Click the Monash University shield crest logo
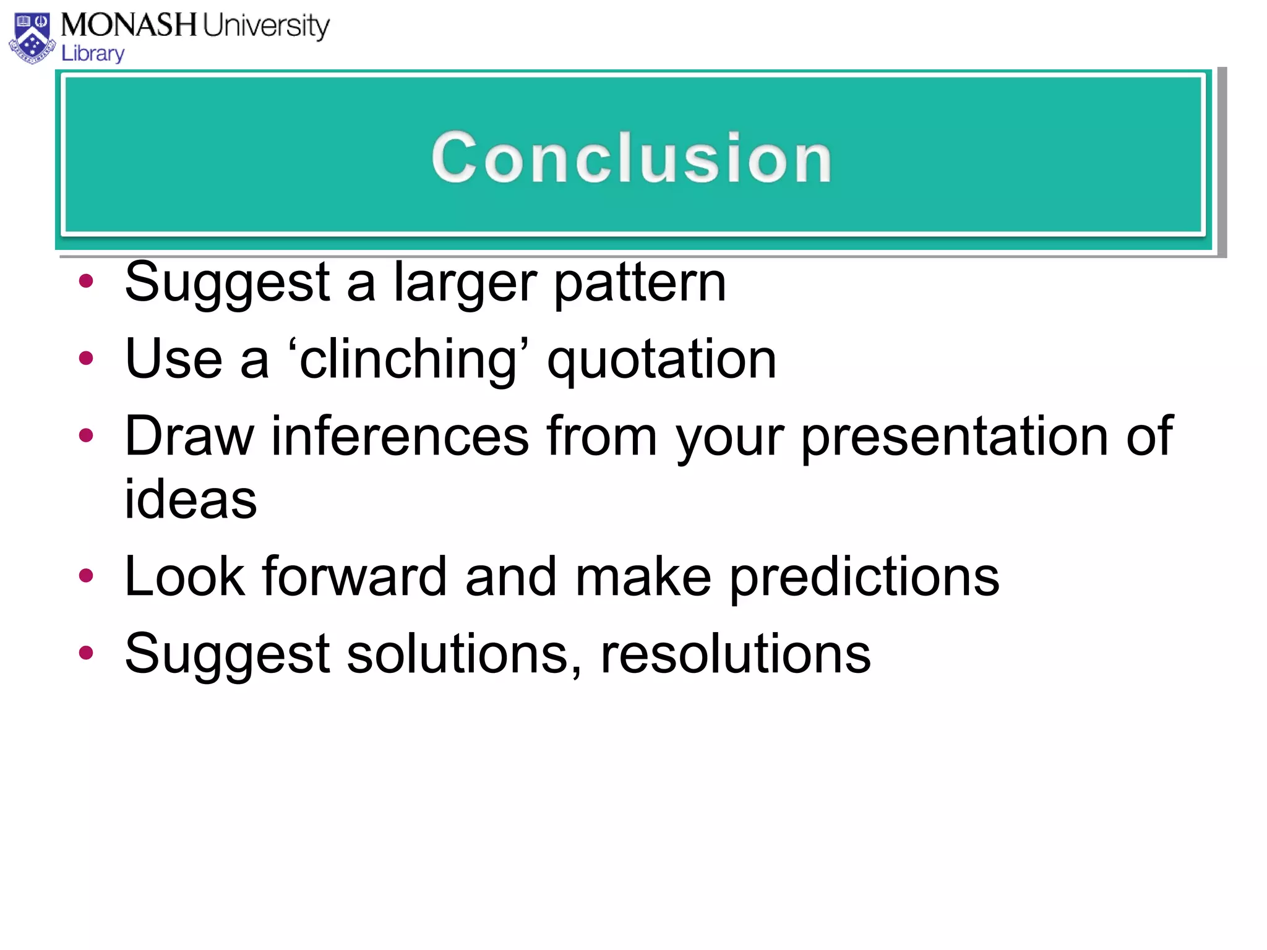pos(32,38)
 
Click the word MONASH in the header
pos(129,26)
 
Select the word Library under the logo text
pos(93,54)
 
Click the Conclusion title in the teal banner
pos(632,158)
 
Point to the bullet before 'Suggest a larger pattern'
pos(86,282)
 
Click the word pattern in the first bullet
pos(640,283)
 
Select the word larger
pos(465,283)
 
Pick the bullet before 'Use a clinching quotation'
pos(86,358)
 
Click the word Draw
pos(189,437)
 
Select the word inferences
pos(400,437)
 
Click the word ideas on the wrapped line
pos(191,500)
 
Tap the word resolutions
pos(735,654)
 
